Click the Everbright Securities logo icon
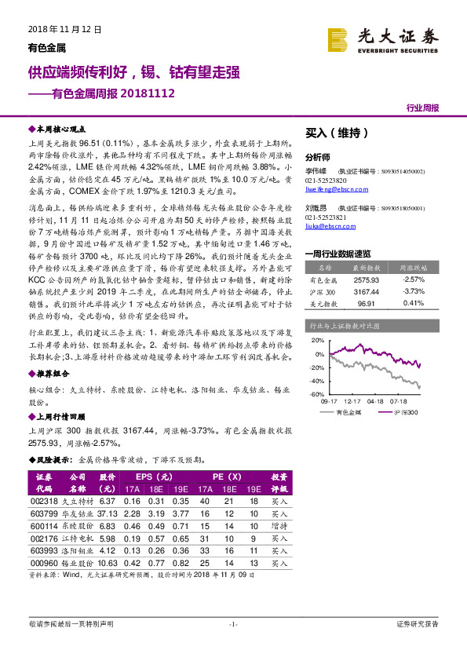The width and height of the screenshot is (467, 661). point(337,39)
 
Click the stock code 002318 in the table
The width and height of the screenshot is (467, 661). point(43,501)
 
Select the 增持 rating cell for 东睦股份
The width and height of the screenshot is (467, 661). point(279,525)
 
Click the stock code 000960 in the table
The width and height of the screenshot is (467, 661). point(43,562)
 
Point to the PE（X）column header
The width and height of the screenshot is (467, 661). point(227,477)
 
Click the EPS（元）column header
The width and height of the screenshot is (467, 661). point(154,477)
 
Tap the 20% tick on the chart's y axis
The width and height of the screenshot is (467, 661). point(316,341)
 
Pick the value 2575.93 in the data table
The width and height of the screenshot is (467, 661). point(365,279)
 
